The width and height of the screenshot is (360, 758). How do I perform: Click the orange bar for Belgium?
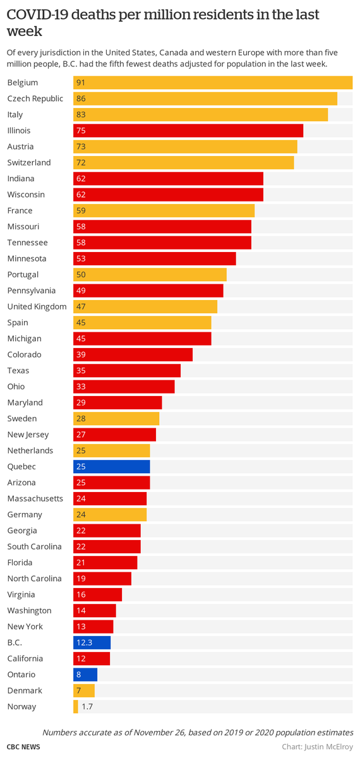[x=213, y=83]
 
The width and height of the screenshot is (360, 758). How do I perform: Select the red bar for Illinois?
[x=188, y=131]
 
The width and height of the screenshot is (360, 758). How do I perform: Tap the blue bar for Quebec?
[x=112, y=467]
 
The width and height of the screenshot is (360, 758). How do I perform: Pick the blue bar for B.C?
[x=92, y=642]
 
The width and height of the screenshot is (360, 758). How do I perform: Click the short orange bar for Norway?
[x=76, y=707]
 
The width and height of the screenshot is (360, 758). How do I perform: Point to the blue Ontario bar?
[x=85, y=675]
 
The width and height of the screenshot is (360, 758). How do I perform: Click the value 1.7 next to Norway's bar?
[x=87, y=707]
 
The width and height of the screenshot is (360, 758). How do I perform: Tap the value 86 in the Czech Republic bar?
[x=81, y=99]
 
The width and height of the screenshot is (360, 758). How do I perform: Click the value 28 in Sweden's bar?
[x=81, y=419]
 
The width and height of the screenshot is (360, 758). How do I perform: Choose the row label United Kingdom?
[x=37, y=306]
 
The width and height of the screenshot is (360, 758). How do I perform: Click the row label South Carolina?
[x=34, y=546]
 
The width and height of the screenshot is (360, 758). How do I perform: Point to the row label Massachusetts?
[x=35, y=498]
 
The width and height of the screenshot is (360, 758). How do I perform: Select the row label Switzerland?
[x=29, y=162]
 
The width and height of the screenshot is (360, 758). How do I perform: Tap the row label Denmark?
[x=25, y=690]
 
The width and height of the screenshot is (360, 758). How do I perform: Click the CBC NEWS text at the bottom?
[x=24, y=747]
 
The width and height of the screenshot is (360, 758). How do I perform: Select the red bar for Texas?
[x=127, y=371]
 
